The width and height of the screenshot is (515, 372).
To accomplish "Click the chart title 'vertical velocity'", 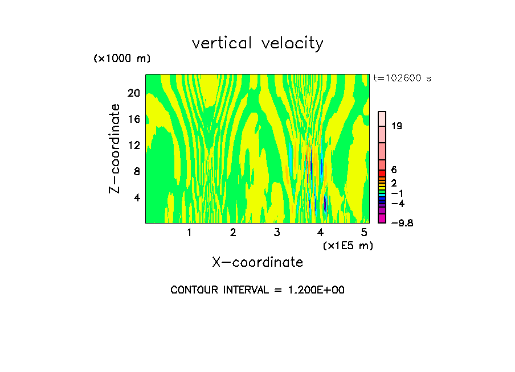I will tap(257, 43).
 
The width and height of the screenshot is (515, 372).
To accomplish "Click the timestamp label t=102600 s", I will tap(402, 78).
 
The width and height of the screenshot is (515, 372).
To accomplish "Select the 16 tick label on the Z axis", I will tap(133, 119).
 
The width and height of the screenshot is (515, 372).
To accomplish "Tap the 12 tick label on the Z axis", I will tap(133, 145).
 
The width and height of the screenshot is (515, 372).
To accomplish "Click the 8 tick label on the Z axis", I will tap(136, 171).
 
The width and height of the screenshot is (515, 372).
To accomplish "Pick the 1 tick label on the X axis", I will tap(189, 232).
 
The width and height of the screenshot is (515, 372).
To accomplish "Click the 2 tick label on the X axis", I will tap(233, 232).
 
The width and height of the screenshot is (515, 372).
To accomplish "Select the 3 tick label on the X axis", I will tap(277, 232).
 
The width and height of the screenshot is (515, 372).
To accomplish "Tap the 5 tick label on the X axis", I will tap(364, 232).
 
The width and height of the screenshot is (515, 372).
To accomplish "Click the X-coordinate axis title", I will tap(257, 262).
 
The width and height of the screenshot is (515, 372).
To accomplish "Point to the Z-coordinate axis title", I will tap(115, 148).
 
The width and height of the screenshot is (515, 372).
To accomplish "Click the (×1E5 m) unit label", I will tap(348, 245).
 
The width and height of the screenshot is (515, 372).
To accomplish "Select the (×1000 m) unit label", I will tap(122, 59).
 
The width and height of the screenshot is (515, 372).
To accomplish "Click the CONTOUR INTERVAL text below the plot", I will tap(257, 290).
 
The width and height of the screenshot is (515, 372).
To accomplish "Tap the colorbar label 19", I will tap(397, 126).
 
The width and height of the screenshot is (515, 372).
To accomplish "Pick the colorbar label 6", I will tap(394, 170).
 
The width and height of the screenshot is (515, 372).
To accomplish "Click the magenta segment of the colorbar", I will tap(382, 219).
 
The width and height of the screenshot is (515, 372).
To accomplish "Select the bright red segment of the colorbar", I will tap(382, 173).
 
